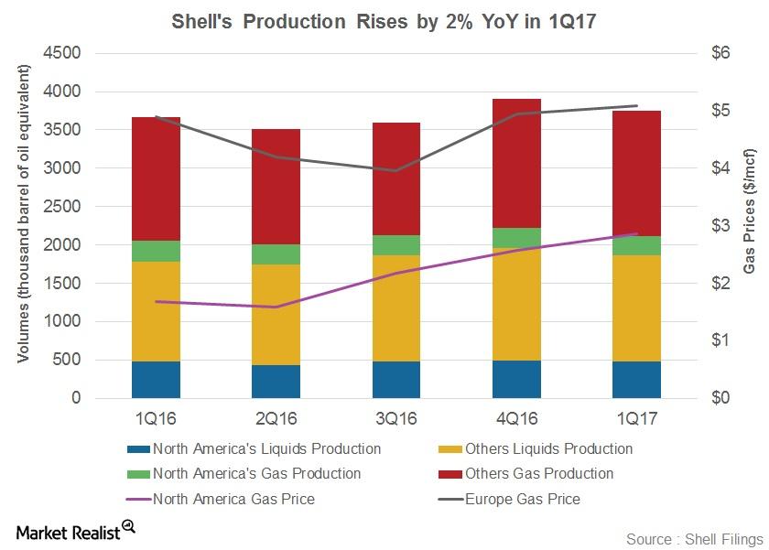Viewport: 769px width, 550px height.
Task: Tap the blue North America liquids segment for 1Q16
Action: tap(157, 380)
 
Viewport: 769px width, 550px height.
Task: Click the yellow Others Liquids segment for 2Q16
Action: tap(276, 315)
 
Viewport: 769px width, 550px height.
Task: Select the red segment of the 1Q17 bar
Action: tap(636, 174)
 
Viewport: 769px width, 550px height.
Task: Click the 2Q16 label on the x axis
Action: tap(276, 419)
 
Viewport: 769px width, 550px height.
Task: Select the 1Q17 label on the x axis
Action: tap(636, 419)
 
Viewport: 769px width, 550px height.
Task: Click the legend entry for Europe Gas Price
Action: tap(522, 499)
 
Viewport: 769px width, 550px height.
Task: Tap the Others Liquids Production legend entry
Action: tap(547, 449)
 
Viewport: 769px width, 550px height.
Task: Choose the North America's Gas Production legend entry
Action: tap(256, 474)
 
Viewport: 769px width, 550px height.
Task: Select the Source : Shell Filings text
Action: tap(694, 539)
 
